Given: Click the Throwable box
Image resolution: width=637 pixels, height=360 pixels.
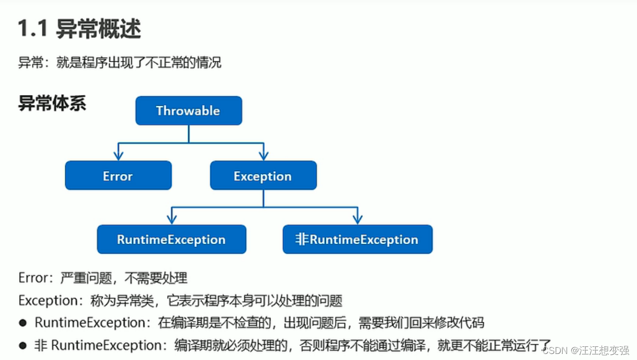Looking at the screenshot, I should [x=188, y=111].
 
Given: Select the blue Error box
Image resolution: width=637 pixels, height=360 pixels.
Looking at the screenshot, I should [x=118, y=176].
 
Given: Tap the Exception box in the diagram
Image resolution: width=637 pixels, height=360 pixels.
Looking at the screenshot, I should [x=263, y=176].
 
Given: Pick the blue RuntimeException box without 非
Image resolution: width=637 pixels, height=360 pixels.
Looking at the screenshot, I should [x=171, y=240].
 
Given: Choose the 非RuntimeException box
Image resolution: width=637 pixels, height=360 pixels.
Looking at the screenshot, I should [x=357, y=240].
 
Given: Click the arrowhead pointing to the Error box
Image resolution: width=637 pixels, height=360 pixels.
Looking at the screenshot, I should [x=118, y=154].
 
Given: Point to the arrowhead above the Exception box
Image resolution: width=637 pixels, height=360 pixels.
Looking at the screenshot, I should [x=263, y=154].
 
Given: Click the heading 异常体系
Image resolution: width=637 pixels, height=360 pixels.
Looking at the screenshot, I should [x=52, y=103].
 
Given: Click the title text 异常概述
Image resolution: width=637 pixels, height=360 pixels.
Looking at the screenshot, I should [x=98, y=30].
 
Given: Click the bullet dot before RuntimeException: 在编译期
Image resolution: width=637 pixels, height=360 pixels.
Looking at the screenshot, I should [x=23, y=323].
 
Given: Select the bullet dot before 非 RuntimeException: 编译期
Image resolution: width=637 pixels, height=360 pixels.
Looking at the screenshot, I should [x=23, y=346].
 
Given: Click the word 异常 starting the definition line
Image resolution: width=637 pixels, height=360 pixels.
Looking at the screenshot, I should [x=30, y=63].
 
